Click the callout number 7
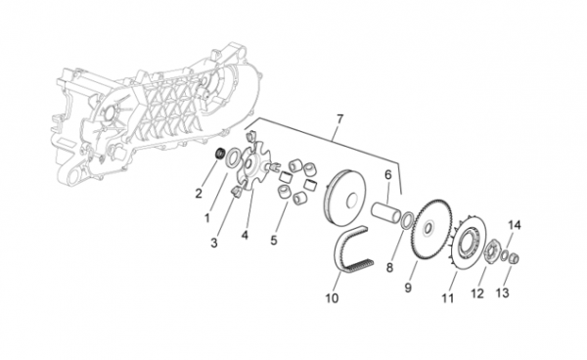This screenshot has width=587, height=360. click(339, 119)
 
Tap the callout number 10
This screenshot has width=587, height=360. click(332, 298)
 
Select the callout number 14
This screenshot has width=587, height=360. click(514, 225)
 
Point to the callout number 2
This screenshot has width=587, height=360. click(199, 194)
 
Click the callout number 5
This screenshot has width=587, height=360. click(274, 241)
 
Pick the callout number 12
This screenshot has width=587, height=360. click(477, 293)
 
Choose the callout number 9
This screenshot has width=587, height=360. click(408, 288)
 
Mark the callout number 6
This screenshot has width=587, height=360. click(387, 174)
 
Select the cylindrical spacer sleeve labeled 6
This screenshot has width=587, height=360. click(386, 213)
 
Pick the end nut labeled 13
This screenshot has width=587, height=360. click(514, 258)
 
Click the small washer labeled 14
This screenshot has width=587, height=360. click(505, 256)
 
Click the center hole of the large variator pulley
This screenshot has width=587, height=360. click(351, 201)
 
